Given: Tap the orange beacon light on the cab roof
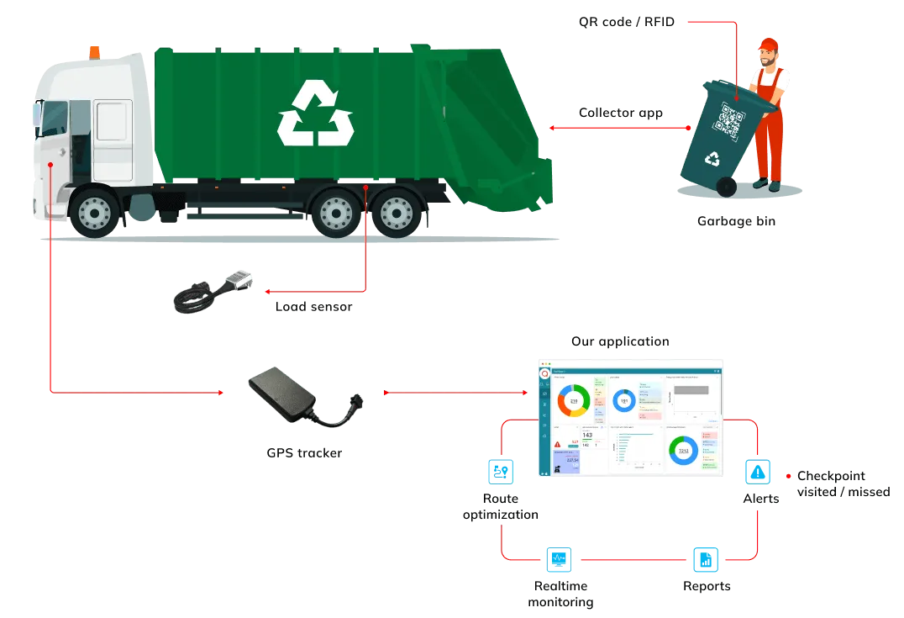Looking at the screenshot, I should coord(93,52).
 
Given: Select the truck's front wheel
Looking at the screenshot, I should coord(94,211).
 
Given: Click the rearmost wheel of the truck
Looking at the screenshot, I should coord(397,212).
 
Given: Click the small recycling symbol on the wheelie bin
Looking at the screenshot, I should coord(713,157).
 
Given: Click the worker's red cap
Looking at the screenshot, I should coord(768,43).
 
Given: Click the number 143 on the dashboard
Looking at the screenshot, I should coord(586,435).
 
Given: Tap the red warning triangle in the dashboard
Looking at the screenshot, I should coord(557,443).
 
